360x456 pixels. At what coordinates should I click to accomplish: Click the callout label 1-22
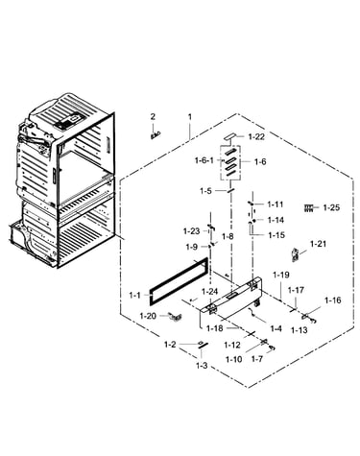pyautogui.click(x=256, y=136)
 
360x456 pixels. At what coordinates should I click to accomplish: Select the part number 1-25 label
pyautogui.click(x=331, y=207)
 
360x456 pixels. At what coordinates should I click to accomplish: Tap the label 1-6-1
pyautogui.click(x=204, y=160)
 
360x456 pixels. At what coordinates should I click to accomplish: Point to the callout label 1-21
pyautogui.click(x=318, y=244)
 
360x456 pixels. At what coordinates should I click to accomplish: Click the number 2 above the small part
pyautogui.click(x=153, y=116)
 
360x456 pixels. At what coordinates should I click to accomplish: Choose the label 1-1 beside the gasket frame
pyautogui.click(x=134, y=295)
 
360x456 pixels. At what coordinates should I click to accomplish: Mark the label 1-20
pyautogui.click(x=148, y=316)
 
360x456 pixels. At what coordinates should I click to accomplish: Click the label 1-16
pyautogui.click(x=333, y=300)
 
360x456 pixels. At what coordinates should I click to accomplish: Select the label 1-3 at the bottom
pyautogui.click(x=202, y=366)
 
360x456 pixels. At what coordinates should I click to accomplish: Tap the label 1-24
pyautogui.click(x=209, y=292)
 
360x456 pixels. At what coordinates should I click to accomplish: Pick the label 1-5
pyautogui.click(x=205, y=191)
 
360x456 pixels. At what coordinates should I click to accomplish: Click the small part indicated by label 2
pyautogui.click(x=156, y=135)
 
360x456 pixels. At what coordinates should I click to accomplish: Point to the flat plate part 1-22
pyautogui.click(x=230, y=136)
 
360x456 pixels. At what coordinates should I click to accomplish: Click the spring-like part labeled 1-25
pyautogui.click(x=309, y=208)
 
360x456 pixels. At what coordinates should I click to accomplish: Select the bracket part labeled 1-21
pyautogui.click(x=296, y=254)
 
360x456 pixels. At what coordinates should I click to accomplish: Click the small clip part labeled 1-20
pyautogui.click(x=175, y=316)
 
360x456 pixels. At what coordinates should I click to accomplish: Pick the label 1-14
pyautogui.click(x=276, y=220)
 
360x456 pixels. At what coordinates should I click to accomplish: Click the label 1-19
pyautogui.click(x=281, y=275)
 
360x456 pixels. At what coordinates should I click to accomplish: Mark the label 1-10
pyautogui.click(x=234, y=359)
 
